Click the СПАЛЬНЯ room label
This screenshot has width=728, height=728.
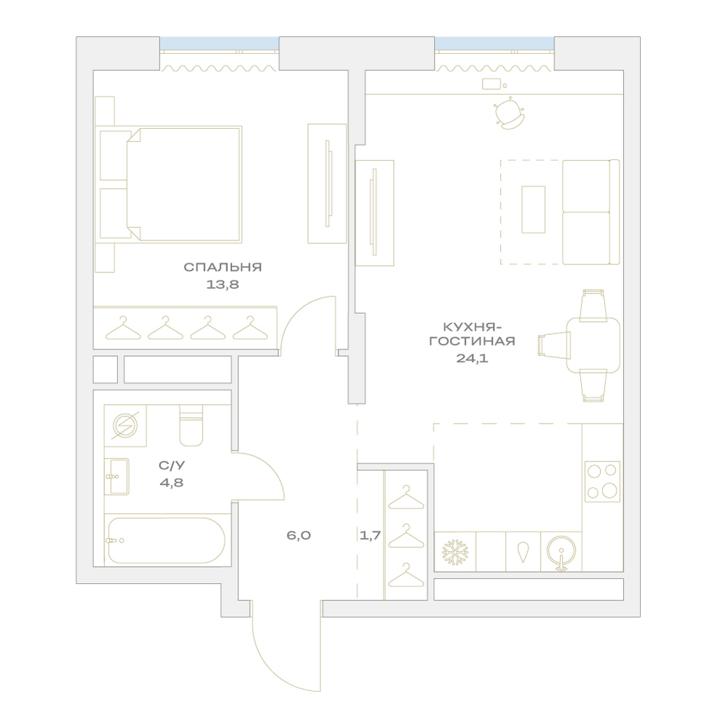223,267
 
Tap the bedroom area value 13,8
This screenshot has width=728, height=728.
223,284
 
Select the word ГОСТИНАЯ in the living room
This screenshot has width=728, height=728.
472,341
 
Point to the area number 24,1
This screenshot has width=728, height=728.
472,358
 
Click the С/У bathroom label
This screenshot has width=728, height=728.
172,465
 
